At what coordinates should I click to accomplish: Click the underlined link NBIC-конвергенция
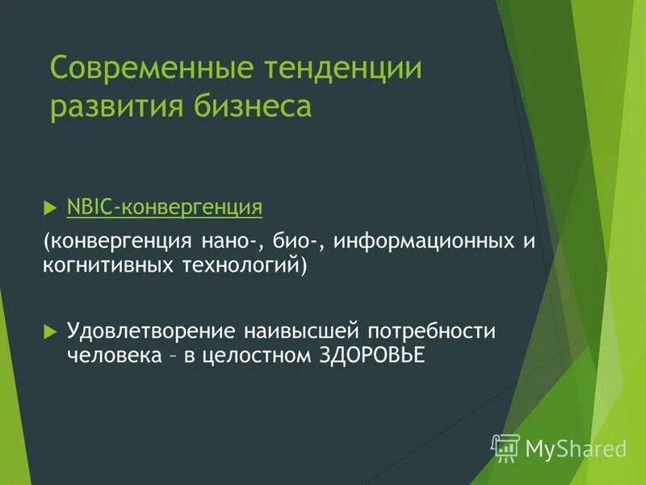[165, 208]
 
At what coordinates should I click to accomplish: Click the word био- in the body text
[296, 242]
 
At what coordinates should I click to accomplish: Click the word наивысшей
[300, 332]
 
